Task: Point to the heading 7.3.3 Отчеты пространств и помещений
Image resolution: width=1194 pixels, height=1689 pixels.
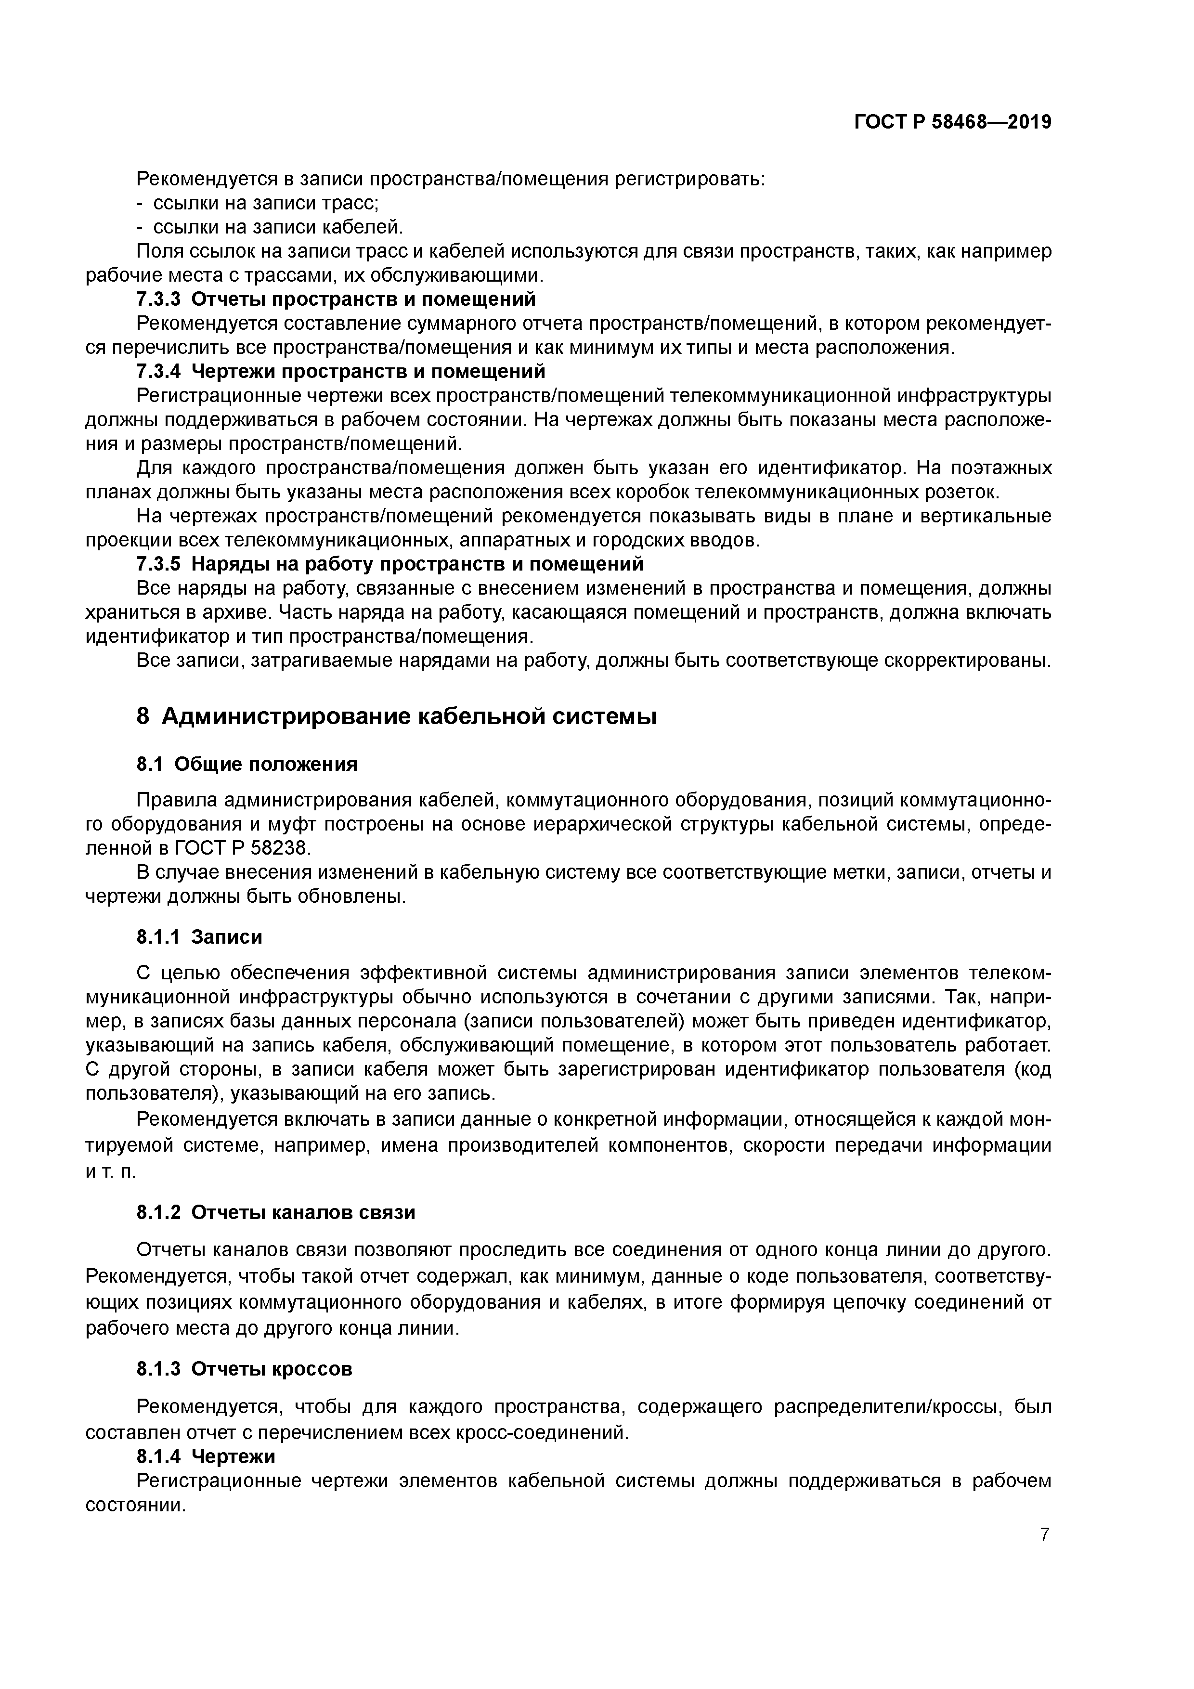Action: pyautogui.click(x=336, y=299)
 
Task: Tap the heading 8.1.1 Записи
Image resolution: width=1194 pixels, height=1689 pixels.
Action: pyautogui.click(x=199, y=936)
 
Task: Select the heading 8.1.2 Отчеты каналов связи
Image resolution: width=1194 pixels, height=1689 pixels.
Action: pyautogui.click(x=276, y=1212)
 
